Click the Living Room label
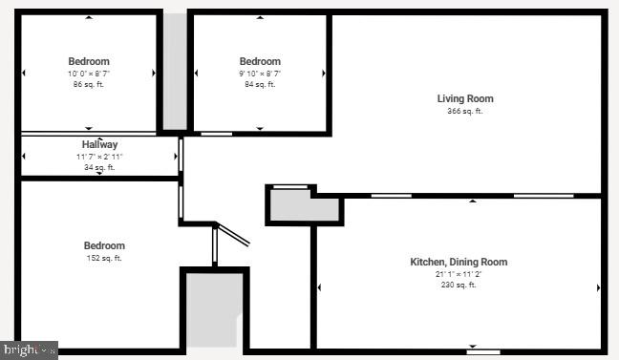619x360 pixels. point(465,98)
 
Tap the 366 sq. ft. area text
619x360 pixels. point(465,112)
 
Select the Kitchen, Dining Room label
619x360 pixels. point(459,262)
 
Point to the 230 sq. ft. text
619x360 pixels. point(459,285)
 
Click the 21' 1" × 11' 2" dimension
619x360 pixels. point(459,273)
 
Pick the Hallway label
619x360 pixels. point(99,145)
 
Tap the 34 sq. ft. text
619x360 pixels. point(99,168)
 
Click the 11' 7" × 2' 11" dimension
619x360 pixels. point(99,157)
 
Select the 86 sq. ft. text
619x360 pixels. point(88,85)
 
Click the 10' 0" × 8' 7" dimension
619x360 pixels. point(88,74)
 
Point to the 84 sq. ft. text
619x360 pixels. point(260,85)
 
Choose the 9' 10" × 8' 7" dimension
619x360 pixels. point(260,74)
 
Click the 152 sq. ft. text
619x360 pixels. point(104,258)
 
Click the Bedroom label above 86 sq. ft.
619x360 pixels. point(88,61)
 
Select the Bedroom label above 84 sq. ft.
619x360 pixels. point(260,61)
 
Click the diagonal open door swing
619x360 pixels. point(233,235)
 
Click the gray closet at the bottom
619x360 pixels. point(214,310)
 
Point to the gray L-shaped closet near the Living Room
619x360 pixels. point(296,204)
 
